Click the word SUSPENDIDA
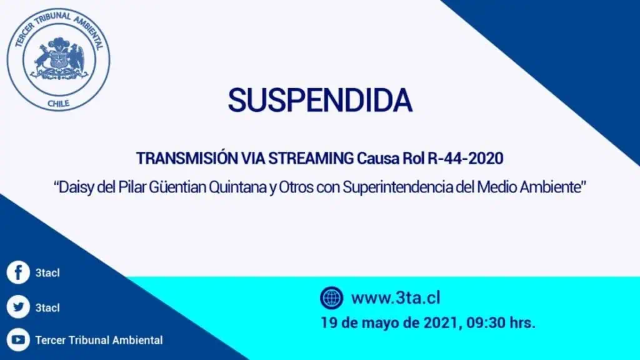click(320, 100)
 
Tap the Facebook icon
click(18, 272)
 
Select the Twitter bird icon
click(18, 306)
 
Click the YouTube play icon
click(18, 339)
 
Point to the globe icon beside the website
click(331, 297)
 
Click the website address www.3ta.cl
click(396, 298)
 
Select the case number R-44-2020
click(465, 158)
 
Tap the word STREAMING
click(311, 158)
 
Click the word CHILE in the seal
click(58, 104)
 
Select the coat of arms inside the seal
click(59, 58)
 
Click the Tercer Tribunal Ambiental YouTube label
click(99, 340)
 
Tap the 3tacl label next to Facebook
click(47, 272)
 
